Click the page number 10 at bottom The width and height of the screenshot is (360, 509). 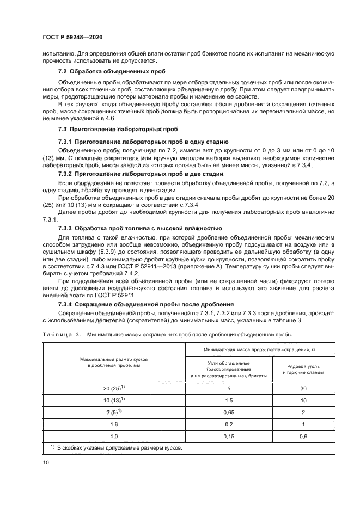click(x=46, y=462)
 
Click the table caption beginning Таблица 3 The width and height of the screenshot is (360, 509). click(x=167, y=334)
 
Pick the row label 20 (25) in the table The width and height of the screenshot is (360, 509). click(x=114, y=388)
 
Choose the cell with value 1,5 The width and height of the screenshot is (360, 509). click(x=229, y=401)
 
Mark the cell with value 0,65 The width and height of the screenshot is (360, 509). click(x=229, y=413)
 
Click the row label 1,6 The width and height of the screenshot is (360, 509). click(x=114, y=425)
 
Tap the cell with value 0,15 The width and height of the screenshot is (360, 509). click(x=229, y=437)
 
